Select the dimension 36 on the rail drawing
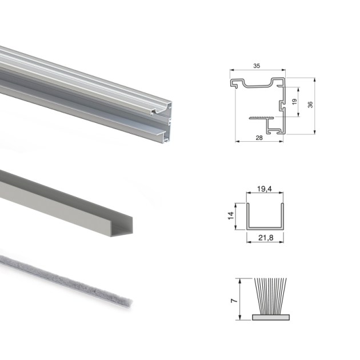[x=309, y=105]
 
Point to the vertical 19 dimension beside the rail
[x=294, y=102]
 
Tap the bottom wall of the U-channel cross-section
[x=265, y=227]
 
